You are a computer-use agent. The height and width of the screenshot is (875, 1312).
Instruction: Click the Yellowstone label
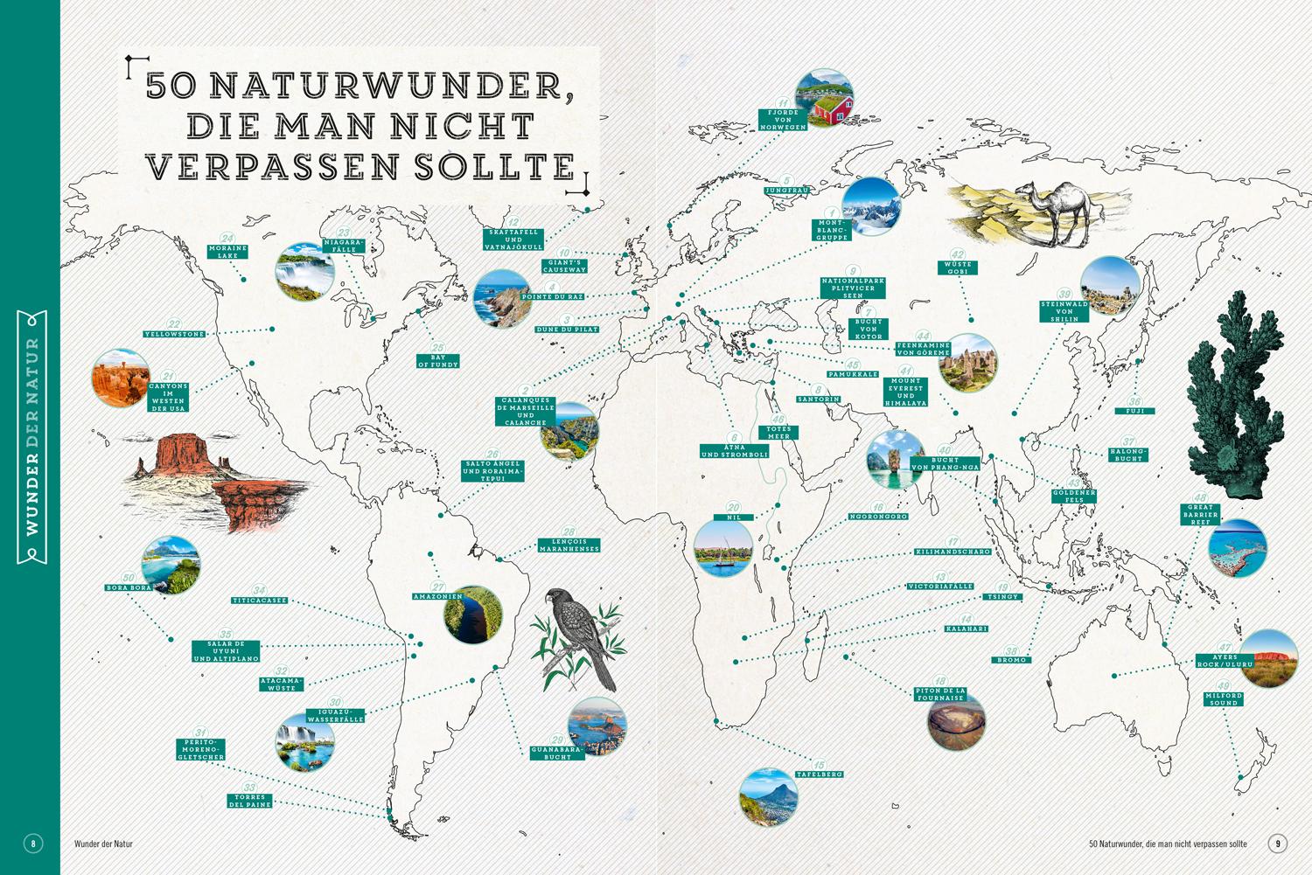pyautogui.click(x=174, y=334)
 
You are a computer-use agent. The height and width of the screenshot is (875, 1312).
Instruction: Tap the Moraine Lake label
pyautogui.click(x=227, y=252)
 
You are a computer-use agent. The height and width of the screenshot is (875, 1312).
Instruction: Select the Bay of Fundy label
pyautogui.click(x=437, y=361)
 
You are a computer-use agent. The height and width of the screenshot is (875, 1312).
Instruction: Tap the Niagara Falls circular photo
pyautogui.click(x=304, y=272)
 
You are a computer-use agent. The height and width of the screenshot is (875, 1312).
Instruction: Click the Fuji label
pyautogui.click(x=1134, y=411)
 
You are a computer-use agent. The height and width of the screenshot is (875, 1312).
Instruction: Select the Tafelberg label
pyautogui.click(x=820, y=774)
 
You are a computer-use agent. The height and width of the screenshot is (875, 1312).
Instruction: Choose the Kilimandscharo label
pyautogui.click(x=953, y=552)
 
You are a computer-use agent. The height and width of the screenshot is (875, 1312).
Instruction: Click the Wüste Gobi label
pyautogui.click(x=958, y=267)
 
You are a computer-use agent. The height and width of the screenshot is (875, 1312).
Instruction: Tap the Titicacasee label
pyautogui.click(x=260, y=601)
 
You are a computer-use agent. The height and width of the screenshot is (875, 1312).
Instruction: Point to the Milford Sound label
pyautogui.click(x=1224, y=699)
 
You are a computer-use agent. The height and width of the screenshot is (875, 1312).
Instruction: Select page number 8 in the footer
pyautogui.click(x=33, y=844)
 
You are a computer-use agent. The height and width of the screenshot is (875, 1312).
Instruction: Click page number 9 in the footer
pyautogui.click(x=1278, y=844)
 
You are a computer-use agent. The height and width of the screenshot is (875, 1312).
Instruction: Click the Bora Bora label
pyautogui.click(x=129, y=587)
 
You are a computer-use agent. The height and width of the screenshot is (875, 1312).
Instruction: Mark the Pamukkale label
pyautogui.click(x=853, y=374)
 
